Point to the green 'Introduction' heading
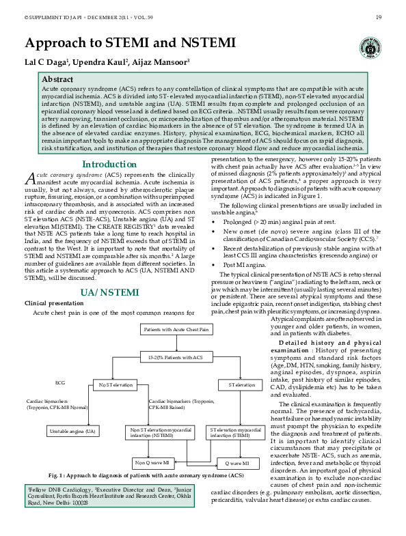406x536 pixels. coord(109,164)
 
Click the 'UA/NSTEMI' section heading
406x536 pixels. coord(109,311)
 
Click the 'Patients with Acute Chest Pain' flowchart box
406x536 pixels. coord(176,330)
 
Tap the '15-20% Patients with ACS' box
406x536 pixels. coord(176,357)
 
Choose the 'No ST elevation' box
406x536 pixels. coord(115,385)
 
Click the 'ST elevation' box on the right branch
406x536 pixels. coord(236,385)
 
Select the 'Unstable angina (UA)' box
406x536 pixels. coord(72,432)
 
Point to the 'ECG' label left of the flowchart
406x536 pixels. coord(60,383)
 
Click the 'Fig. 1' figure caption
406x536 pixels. coord(146,475)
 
